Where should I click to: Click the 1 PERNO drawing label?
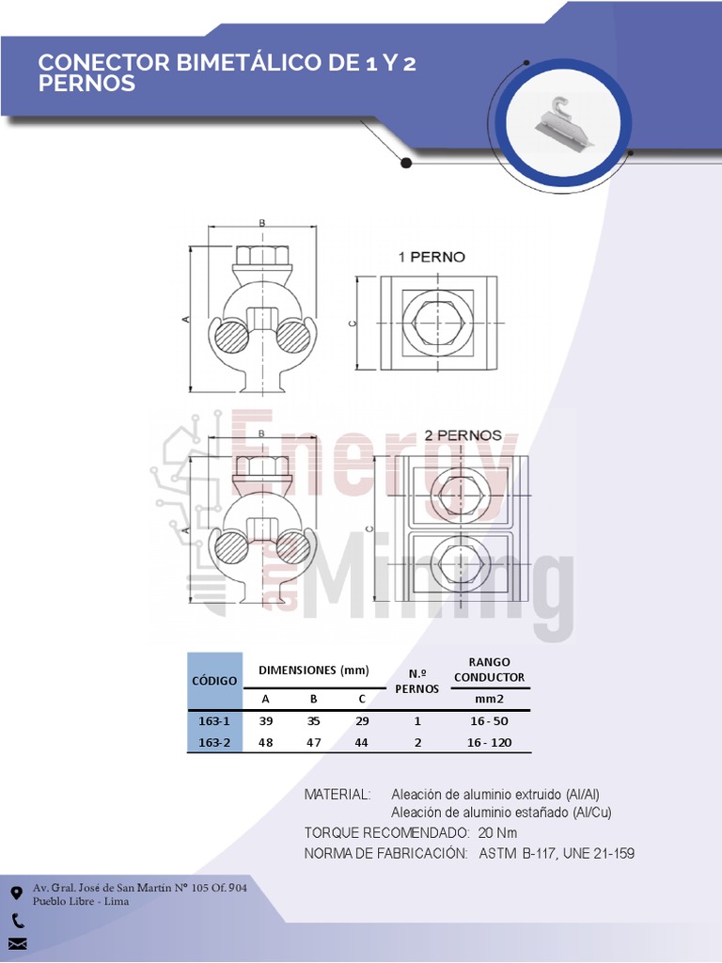tap(432, 257)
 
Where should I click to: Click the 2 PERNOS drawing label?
tap(463, 436)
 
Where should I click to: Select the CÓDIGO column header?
tap(215, 680)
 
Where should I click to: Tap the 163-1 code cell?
tap(215, 721)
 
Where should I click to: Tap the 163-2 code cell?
tap(215, 743)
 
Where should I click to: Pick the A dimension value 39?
tap(266, 721)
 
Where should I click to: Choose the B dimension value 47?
tap(314, 743)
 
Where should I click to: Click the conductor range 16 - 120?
tap(489, 743)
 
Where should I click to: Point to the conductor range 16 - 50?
tap(489, 721)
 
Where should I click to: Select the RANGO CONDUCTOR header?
tap(489, 670)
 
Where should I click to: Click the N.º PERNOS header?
tap(417, 681)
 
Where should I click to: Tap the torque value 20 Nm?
tap(497, 833)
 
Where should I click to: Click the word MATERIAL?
tap(337, 795)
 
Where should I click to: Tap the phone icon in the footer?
tap(18, 922)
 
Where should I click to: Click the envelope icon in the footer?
tap(17, 944)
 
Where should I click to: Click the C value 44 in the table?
tap(362, 743)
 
